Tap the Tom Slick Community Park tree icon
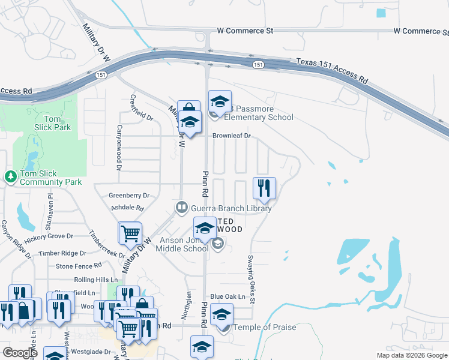click(10, 176)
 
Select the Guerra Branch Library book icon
click(181, 208)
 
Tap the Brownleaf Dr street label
click(231, 136)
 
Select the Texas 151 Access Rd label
click(331, 70)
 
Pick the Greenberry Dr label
click(128, 196)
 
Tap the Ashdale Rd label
click(128, 208)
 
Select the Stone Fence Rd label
click(78, 266)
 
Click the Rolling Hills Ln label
click(94, 280)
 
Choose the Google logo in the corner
click(20, 352)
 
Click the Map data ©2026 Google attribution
click(411, 355)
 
